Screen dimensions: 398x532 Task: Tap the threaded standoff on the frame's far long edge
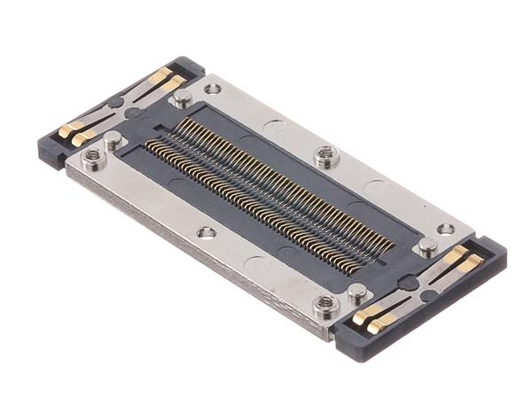click(x=325, y=157)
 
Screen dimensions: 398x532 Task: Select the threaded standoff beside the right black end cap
click(x=325, y=306)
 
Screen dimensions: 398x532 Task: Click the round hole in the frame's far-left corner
click(x=213, y=89)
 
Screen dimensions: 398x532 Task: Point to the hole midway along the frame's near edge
click(x=207, y=232)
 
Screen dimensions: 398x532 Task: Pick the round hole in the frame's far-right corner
click(x=446, y=229)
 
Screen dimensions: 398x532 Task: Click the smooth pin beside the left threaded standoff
click(x=113, y=139)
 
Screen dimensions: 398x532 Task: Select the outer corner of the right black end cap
click(x=504, y=257)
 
